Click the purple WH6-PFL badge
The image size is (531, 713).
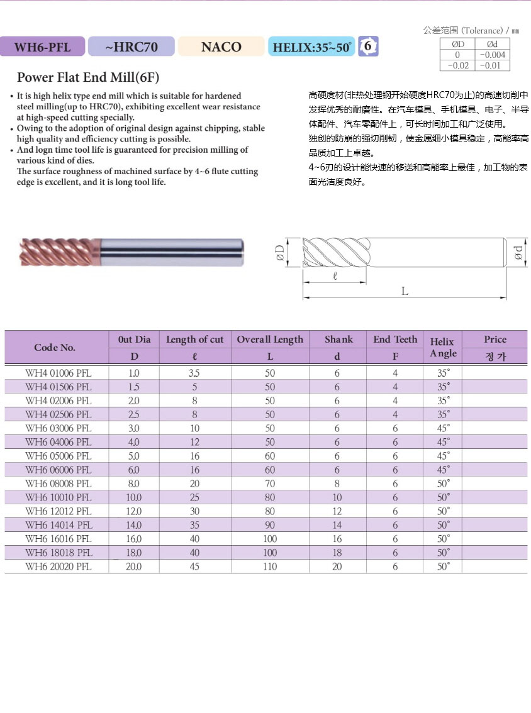(x=43, y=47)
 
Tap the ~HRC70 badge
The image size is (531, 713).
(x=131, y=47)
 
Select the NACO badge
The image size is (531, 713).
(x=221, y=47)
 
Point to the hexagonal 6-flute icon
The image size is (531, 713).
(x=369, y=46)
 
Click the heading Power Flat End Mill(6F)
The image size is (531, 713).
(x=88, y=78)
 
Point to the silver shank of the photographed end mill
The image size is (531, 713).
(x=170, y=251)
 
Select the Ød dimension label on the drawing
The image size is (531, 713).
(x=518, y=253)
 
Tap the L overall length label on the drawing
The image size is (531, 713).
(x=405, y=291)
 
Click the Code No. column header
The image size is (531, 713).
(x=55, y=347)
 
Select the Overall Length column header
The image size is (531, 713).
(x=270, y=340)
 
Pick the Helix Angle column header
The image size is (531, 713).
(x=442, y=347)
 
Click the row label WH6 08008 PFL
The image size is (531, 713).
(x=58, y=484)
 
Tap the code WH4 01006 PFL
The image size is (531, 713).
(x=58, y=373)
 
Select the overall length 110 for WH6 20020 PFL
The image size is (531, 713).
(x=270, y=567)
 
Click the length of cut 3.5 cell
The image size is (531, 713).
(x=195, y=373)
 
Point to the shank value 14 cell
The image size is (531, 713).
(x=337, y=525)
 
